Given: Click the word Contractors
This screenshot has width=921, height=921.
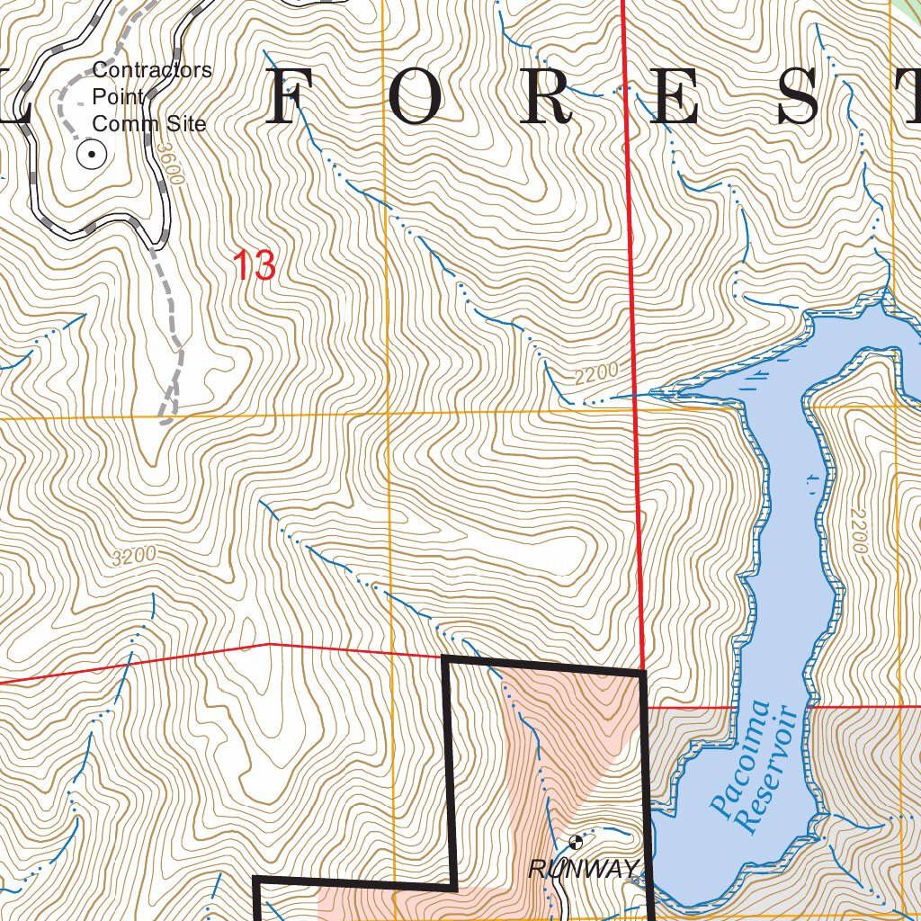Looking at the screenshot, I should pos(152,70).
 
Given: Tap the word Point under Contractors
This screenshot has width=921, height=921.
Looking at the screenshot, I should pos(118,97).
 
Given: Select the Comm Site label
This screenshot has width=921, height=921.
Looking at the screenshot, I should pos(149,124).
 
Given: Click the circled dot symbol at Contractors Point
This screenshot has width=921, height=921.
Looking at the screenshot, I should pos(92,156).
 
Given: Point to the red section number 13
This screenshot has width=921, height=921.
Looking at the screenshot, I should pos(254,266).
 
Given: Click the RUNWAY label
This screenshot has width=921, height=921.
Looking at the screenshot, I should pos(583,869).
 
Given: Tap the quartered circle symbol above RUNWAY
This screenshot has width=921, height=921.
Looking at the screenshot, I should pos(576,842).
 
